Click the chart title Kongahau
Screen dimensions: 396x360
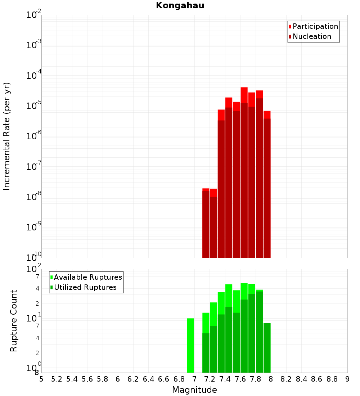(180, 6)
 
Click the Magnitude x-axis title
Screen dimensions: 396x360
(194, 390)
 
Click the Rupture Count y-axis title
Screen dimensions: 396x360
(14, 320)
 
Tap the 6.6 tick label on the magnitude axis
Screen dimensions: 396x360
(164, 379)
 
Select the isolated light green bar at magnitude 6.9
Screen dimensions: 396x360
(190, 346)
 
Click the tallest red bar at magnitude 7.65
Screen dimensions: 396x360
(244, 173)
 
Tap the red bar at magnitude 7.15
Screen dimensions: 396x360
(206, 223)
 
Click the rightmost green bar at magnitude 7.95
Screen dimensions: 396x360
(267, 348)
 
